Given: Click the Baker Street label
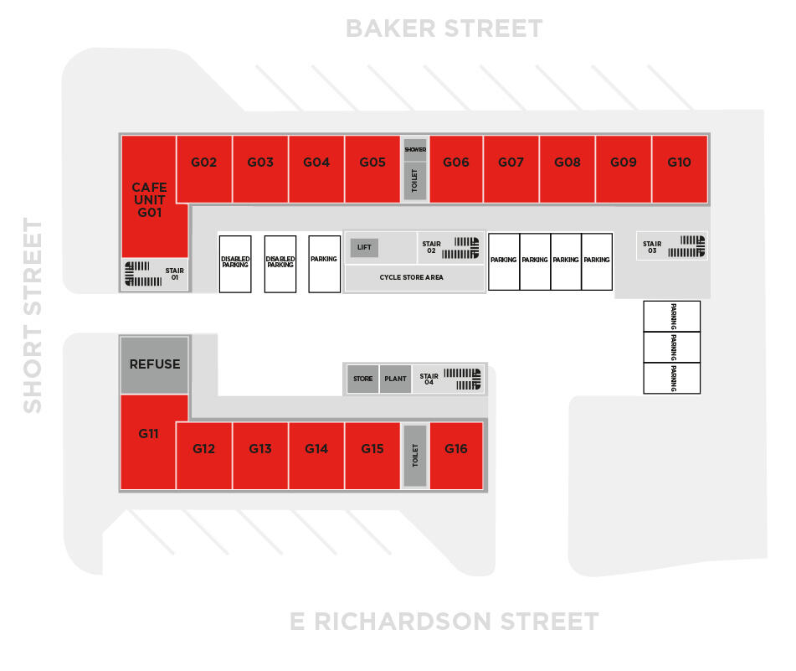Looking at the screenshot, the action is [x=444, y=28].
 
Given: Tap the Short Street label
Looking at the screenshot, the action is [x=33, y=316].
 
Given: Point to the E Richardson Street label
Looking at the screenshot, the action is [x=444, y=622].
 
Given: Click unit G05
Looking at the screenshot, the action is [x=372, y=169].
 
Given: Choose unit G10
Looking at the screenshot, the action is [x=680, y=169].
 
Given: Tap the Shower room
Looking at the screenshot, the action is [x=415, y=149].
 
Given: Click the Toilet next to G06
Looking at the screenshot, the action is [x=415, y=181].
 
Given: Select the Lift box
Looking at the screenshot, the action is [x=364, y=247].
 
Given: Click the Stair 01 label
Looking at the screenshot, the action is [x=175, y=274].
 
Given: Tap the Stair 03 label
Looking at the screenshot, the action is [x=652, y=247].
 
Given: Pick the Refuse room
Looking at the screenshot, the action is [x=154, y=364].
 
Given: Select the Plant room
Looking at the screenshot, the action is [x=395, y=379].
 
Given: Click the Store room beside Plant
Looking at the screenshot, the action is [x=362, y=379].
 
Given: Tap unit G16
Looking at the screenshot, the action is [x=456, y=456].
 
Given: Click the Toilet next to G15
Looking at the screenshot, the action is [x=415, y=456].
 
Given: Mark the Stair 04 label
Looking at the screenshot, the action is [x=429, y=379].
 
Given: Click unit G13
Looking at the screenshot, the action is [x=260, y=456].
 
